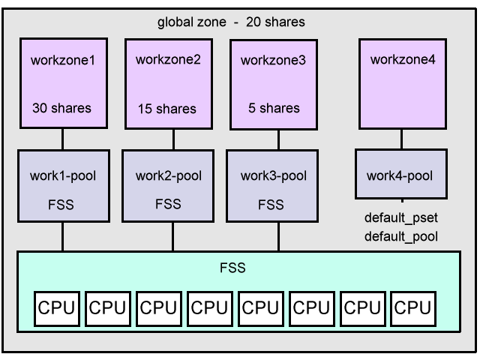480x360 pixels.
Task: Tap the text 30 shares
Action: tap(61, 108)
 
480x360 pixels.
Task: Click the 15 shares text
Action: tap(167, 109)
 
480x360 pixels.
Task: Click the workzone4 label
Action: tap(403, 59)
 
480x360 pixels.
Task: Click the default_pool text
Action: tap(400, 237)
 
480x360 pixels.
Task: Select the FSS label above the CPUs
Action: tap(237, 267)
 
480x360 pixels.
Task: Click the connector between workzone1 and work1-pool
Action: tap(62, 139)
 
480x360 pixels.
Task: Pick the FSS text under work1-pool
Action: tap(61, 203)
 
